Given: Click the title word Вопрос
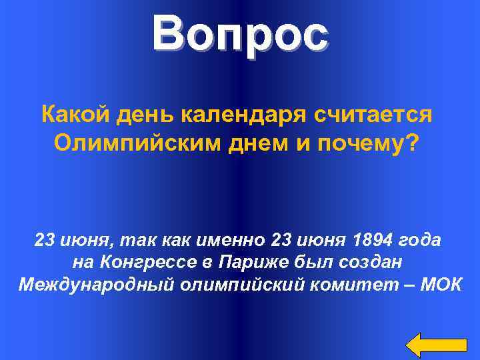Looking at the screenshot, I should click(240, 35).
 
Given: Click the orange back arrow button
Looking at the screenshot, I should click(436, 344).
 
